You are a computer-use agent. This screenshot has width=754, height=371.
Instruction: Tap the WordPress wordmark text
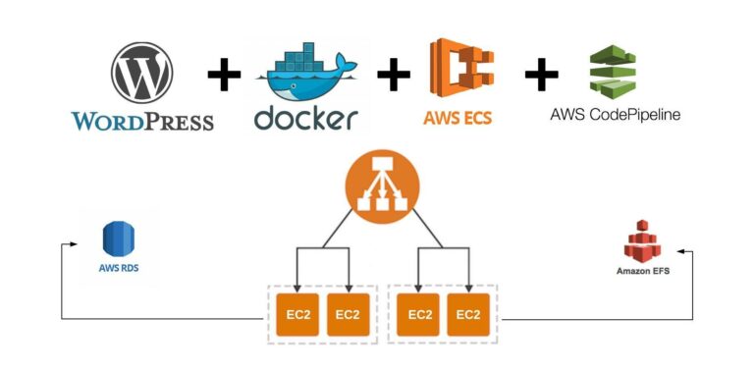tap(142, 122)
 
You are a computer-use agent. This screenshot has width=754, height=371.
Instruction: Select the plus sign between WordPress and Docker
tap(224, 74)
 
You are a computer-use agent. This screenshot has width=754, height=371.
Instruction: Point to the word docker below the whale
tap(305, 118)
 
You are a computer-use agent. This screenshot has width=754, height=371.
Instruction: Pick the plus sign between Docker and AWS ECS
tap(394, 74)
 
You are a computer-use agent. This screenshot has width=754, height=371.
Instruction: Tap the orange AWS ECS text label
tap(458, 119)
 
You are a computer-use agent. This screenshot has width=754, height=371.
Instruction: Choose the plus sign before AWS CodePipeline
tap(541, 74)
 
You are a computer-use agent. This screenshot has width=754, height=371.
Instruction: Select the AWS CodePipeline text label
tap(615, 115)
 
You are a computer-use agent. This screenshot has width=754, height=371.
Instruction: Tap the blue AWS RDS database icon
tap(119, 238)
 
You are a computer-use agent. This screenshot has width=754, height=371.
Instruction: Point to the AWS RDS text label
tap(119, 267)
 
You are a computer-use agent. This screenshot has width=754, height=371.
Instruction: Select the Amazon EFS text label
tap(643, 270)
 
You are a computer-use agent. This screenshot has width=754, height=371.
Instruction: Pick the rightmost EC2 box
tap(467, 315)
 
